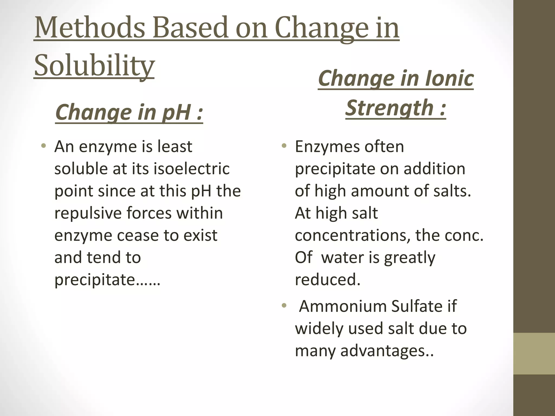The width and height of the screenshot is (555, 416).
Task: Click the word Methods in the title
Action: (90, 28)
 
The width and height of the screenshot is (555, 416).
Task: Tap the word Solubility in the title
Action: (94, 65)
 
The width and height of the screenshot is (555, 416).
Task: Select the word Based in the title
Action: (190, 28)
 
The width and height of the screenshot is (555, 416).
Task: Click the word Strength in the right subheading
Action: (389, 108)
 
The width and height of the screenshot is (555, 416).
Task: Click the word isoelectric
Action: (192, 168)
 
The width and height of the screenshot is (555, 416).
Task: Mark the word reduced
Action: (328, 279)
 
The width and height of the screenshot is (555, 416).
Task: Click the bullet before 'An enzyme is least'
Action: (43, 147)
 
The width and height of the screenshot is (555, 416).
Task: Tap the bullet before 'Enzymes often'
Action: (284, 147)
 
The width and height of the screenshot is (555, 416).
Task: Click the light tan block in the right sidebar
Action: (534, 353)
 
